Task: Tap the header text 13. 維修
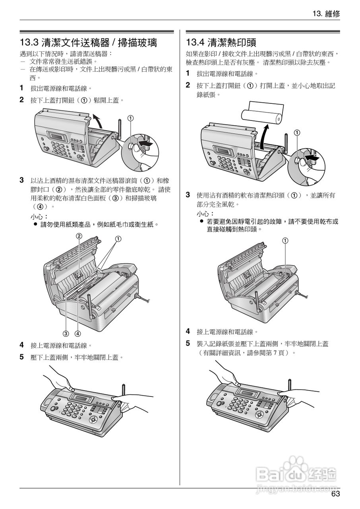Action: coord(326,14)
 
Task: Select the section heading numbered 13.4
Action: coord(221,42)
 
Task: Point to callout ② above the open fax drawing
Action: coord(79,236)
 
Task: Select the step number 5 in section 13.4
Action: coord(188,343)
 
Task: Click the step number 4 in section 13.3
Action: coord(22,345)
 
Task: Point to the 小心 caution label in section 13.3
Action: coord(39,216)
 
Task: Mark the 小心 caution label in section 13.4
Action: coord(205,214)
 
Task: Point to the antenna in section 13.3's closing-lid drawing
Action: coord(123,392)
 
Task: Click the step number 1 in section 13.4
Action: coord(188,74)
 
